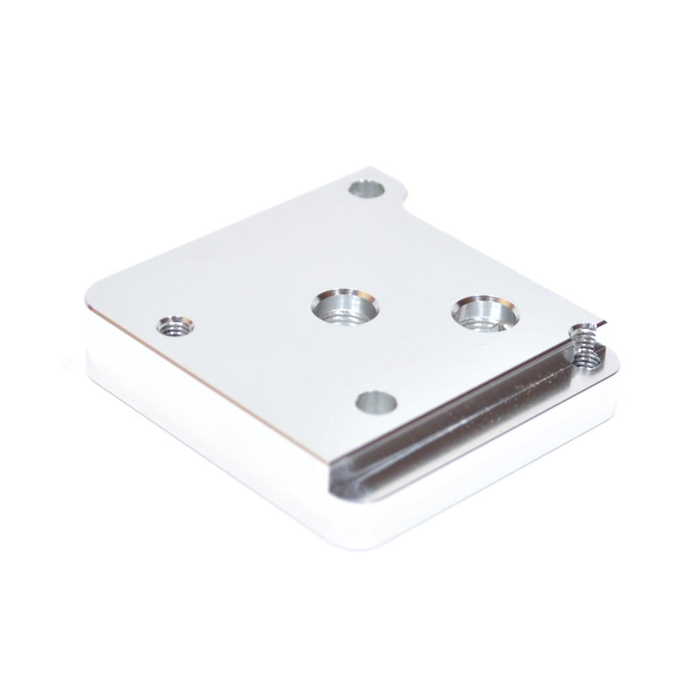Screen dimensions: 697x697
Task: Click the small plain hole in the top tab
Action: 368,188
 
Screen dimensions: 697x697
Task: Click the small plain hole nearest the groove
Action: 376,401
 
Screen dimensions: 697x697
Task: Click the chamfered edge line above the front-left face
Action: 209,376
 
